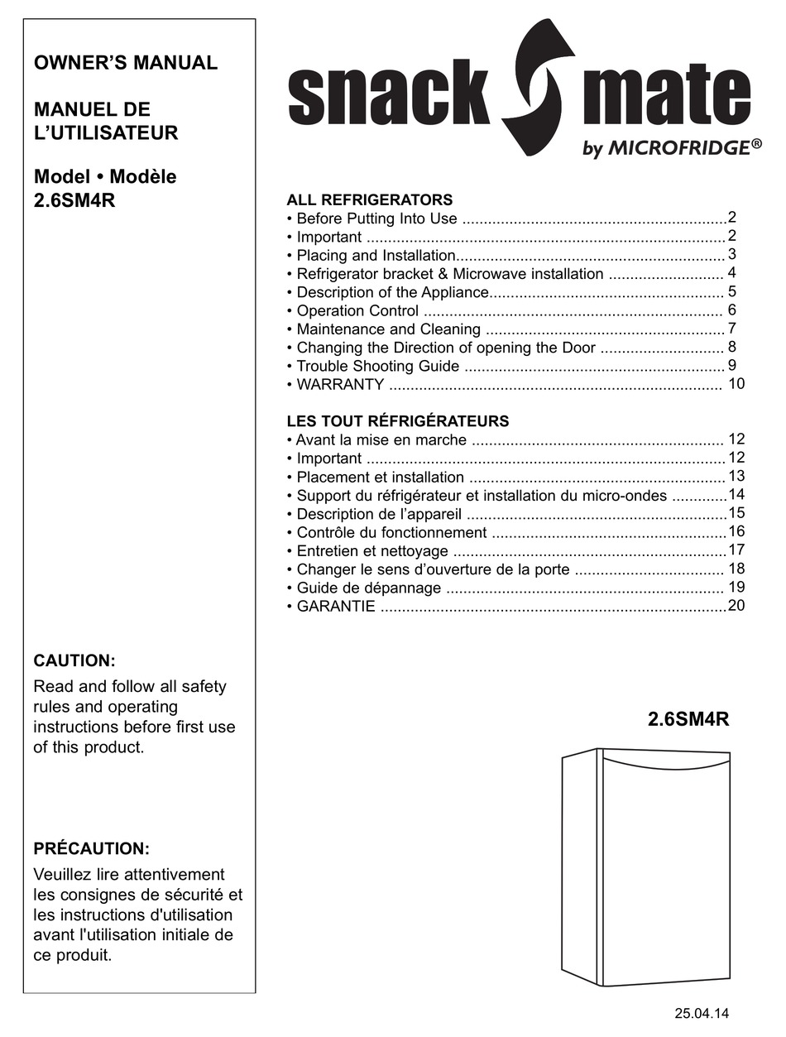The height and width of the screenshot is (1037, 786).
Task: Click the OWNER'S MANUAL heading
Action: coord(125,63)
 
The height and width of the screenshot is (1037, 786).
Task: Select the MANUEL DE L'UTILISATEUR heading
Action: coord(105,121)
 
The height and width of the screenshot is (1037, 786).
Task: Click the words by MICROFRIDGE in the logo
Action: coord(671,148)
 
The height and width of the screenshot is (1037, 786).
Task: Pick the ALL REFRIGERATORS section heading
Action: coord(369,199)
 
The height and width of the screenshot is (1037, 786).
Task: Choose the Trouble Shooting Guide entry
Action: coord(377,366)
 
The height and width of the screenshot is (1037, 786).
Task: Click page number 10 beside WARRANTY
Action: coord(736,384)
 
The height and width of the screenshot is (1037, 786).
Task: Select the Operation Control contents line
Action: coord(357,311)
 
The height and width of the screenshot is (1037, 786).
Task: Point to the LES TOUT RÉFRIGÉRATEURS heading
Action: coord(397,421)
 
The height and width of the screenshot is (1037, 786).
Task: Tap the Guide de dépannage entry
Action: coord(368,588)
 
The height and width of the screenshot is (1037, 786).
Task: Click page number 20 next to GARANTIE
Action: coord(736,606)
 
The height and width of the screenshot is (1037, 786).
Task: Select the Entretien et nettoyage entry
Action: coord(372,551)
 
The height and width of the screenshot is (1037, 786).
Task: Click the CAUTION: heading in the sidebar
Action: coord(74,660)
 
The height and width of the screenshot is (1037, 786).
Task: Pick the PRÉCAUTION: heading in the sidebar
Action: coord(91,848)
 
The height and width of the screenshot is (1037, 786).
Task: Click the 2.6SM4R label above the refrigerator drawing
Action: coord(688,719)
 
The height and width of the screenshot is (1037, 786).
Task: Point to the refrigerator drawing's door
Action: coord(664,869)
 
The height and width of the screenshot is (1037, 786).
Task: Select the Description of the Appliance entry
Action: coord(392,292)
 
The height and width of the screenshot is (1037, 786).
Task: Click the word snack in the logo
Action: coord(389,95)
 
